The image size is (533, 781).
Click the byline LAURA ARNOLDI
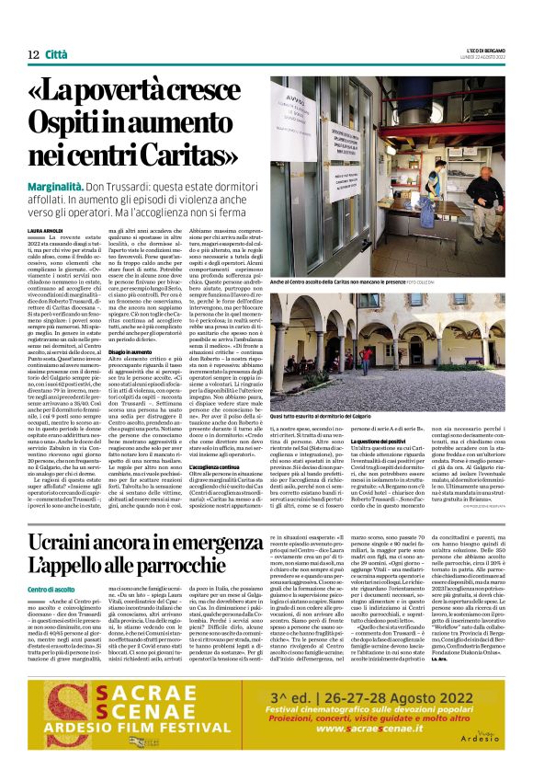46,230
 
